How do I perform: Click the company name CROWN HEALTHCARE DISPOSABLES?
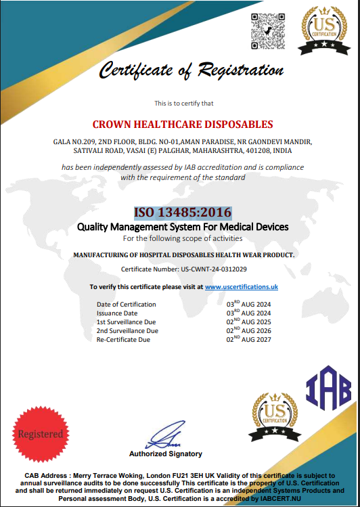[183, 125]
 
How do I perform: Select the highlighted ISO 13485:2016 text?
[183, 212]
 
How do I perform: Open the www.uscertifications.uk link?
[242, 287]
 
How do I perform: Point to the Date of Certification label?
[127, 305]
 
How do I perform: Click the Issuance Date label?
[117, 313]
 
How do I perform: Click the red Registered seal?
[40, 434]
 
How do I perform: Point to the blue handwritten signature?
[165, 435]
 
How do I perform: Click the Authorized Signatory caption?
[166, 454]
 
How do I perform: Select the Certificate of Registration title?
[192, 70]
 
